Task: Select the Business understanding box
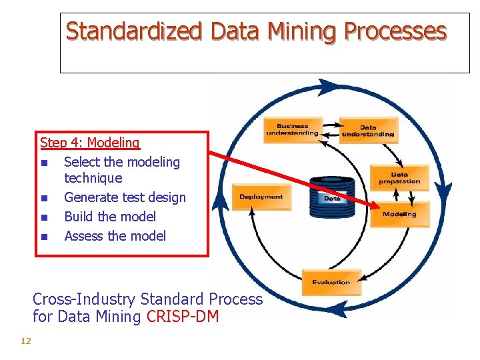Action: tap(292, 130)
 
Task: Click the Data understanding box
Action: tap(368, 131)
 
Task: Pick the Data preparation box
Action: tap(399, 178)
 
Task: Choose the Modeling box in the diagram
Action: tap(399, 214)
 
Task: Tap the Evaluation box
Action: tap(331, 281)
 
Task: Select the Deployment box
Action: tap(261, 197)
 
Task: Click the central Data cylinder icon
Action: tap(332, 197)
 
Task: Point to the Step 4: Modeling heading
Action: tap(90, 142)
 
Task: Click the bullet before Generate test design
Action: tap(44, 198)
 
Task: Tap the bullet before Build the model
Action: tap(44, 217)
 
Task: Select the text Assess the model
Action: tap(115, 236)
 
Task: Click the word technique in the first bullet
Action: tap(93, 178)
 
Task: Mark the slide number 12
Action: tap(26, 341)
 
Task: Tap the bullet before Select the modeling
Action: tap(44, 163)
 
